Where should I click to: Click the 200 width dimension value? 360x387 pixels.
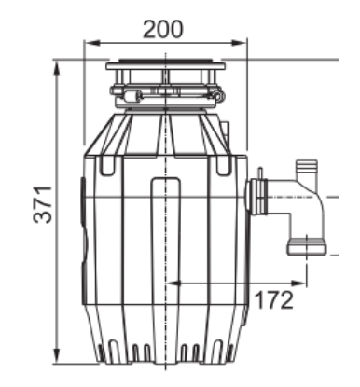163,29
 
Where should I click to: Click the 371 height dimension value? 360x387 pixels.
43,204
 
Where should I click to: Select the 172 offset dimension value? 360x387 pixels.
273,300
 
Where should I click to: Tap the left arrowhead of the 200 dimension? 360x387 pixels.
92,43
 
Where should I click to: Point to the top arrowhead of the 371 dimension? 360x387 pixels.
57,68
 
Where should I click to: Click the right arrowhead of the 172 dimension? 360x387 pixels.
298,283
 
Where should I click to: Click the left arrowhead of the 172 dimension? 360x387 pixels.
173,283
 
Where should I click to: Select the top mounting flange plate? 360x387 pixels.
165,66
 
